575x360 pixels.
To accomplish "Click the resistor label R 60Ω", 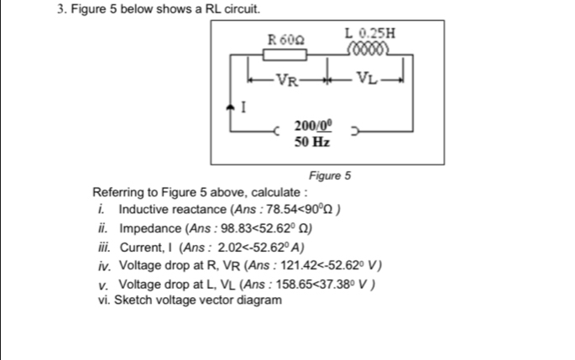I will pos(285,39).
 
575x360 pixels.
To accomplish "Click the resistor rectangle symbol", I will pos(285,55).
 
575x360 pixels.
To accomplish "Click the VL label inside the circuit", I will pos(366,81).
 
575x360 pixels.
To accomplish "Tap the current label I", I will pos(244,107).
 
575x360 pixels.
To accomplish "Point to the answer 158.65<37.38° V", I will pos(321,284).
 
